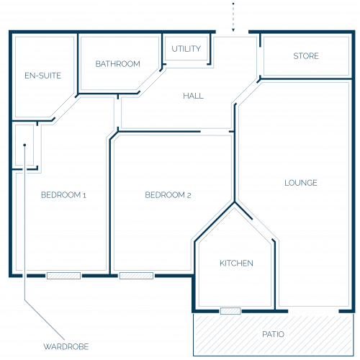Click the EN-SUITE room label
[43, 76]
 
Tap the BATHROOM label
[117, 64]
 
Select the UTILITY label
[186, 49]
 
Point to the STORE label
[306, 56]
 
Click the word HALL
[193, 96]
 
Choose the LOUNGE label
[301, 183]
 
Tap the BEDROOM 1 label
[63, 195]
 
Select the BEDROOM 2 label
[168, 195]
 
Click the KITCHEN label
[236, 264]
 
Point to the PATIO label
[273, 334]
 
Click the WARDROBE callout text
[66, 346]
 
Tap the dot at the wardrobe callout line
[24, 145]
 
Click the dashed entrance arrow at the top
[233, 17]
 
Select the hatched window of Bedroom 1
[63, 276]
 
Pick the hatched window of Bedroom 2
[136, 276]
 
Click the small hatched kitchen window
[230, 311]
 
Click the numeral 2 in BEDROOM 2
[189, 195]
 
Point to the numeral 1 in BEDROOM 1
[84, 195]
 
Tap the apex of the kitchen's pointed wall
[235, 203]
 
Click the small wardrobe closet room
[24, 145]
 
